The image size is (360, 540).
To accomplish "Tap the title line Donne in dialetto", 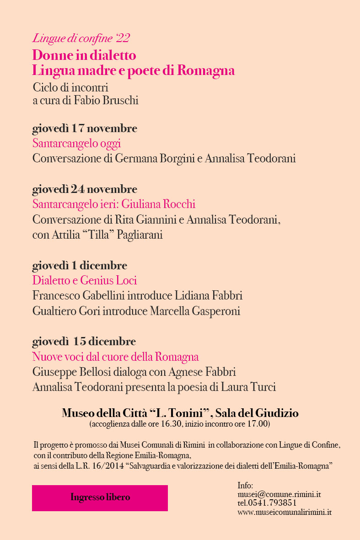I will pyautogui.click(x=84, y=56).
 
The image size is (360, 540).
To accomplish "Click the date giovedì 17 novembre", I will pyautogui.click(x=85, y=128).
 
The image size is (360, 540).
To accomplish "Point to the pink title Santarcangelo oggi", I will pyautogui.click(x=76, y=144).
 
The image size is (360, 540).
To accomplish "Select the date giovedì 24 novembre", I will pyautogui.click(x=85, y=189).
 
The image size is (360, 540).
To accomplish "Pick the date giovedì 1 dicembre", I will pyautogui.click(x=80, y=266).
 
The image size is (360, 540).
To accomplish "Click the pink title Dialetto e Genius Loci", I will pyautogui.click(x=85, y=280).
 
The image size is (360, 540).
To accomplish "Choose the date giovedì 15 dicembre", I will pyautogui.click(x=84, y=342).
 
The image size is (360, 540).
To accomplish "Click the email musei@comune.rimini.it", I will pyautogui.click(x=279, y=495).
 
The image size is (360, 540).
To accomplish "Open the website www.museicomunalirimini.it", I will pyautogui.click(x=284, y=512).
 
